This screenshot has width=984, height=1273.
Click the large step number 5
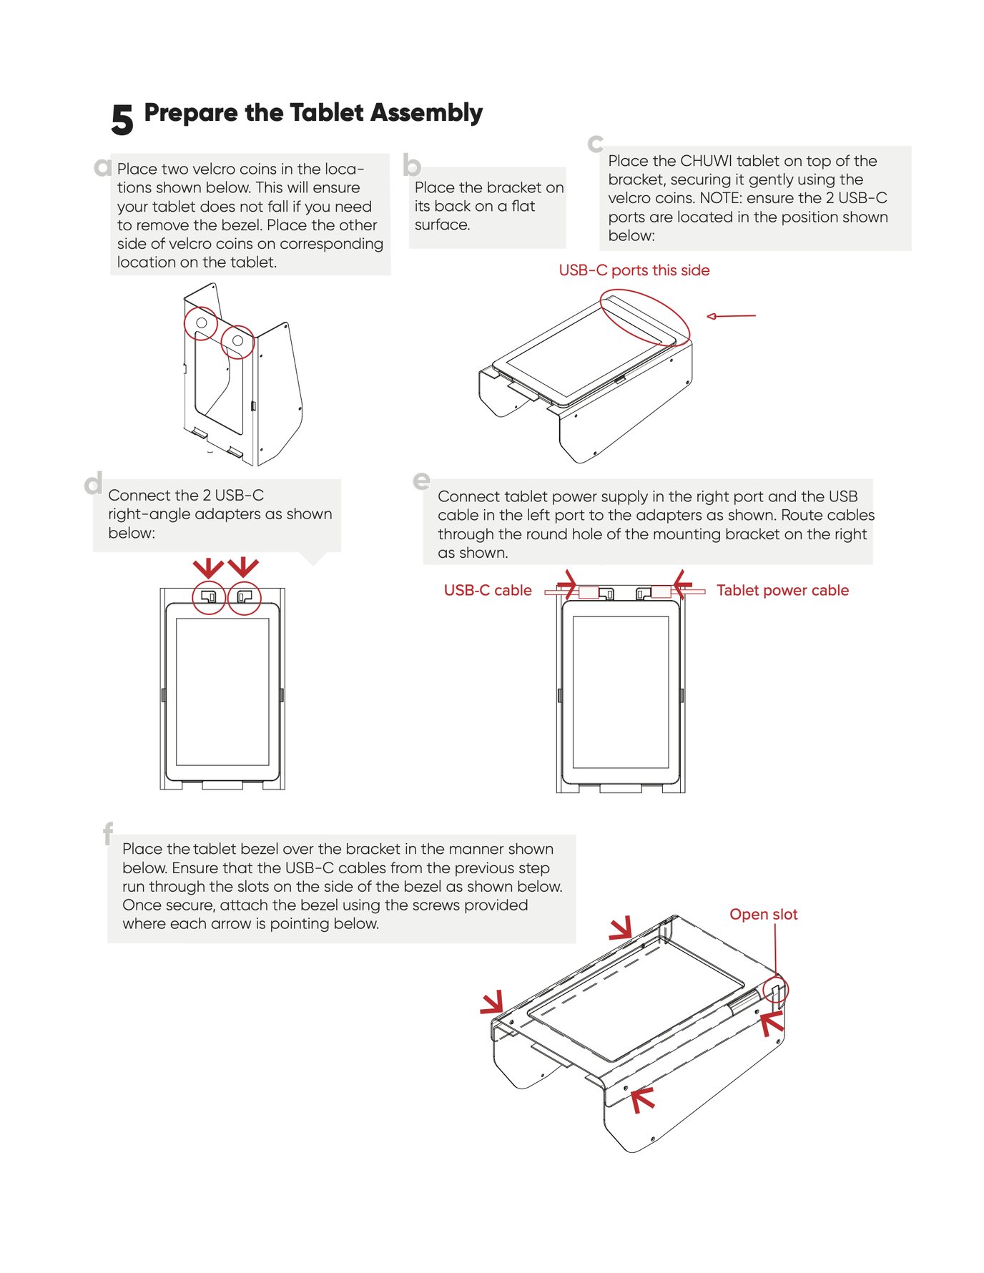click(122, 119)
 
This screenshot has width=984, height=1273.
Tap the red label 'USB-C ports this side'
click(634, 270)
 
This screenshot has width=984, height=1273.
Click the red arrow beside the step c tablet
click(730, 315)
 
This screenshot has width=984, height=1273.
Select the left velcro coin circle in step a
click(201, 323)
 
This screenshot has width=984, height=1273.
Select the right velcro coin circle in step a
click(237, 341)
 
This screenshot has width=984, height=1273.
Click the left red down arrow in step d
click(208, 568)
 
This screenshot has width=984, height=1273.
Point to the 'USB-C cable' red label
click(488, 590)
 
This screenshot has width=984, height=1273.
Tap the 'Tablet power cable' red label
click(782, 590)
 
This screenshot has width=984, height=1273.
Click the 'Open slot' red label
click(763, 914)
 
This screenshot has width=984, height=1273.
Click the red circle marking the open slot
click(775, 990)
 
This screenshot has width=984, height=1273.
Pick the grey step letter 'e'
click(422, 480)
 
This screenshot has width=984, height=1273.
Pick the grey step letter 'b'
click(412, 165)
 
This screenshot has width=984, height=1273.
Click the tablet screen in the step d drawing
click(222, 692)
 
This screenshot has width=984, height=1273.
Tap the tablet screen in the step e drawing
click(620, 692)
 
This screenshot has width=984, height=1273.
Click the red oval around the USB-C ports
click(645, 317)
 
